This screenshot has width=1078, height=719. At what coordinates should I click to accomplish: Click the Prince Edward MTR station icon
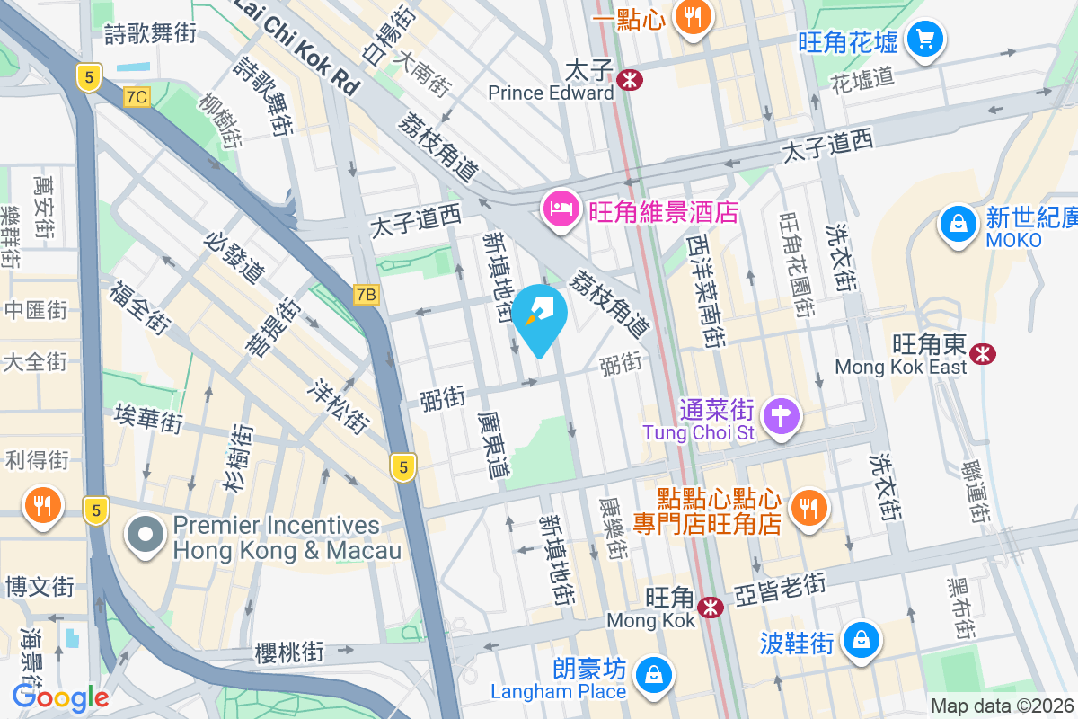[631, 79]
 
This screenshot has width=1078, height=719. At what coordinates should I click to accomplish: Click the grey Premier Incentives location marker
[145, 536]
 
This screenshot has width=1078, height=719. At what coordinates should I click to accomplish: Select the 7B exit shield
[367, 295]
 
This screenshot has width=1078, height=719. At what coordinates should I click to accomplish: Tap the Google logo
[60, 697]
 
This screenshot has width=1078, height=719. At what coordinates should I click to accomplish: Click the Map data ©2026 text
[1002, 706]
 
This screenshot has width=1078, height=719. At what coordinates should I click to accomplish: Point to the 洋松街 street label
[339, 405]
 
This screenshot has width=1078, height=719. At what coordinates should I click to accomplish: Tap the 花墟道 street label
[862, 78]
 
